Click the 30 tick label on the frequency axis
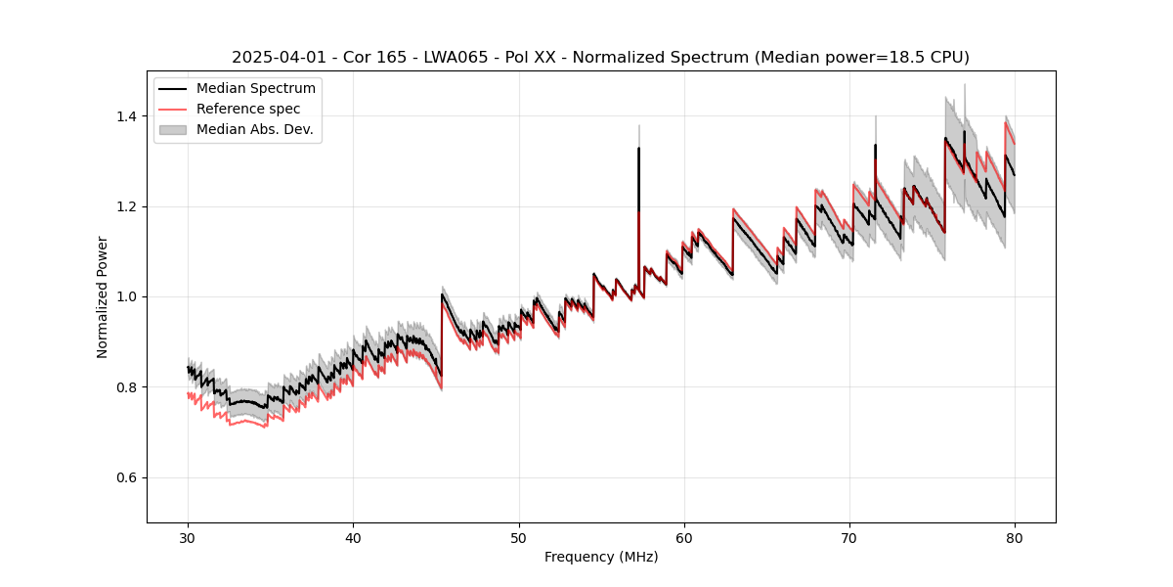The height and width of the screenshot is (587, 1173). click(188, 537)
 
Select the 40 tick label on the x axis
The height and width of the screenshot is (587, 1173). click(353, 537)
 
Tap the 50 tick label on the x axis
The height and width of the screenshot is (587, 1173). click(518, 537)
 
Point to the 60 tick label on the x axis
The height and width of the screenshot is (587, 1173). click(683, 537)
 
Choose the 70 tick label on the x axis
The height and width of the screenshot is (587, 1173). click(848, 537)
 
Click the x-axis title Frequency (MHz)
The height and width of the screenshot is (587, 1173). click(601, 557)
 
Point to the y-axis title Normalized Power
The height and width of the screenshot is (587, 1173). click(103, 296)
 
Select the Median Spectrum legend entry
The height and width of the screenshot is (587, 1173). click(255, 89)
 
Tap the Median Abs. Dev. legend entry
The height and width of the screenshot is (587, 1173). click(254, 129)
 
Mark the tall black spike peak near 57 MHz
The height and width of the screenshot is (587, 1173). click(638, 149)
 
